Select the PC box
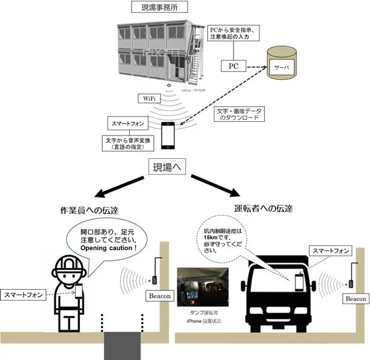click(234, 65)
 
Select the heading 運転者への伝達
click(264, 209)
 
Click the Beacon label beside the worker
click(159, 296)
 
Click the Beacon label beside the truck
click(356, 298)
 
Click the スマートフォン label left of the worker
click(23, 295)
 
